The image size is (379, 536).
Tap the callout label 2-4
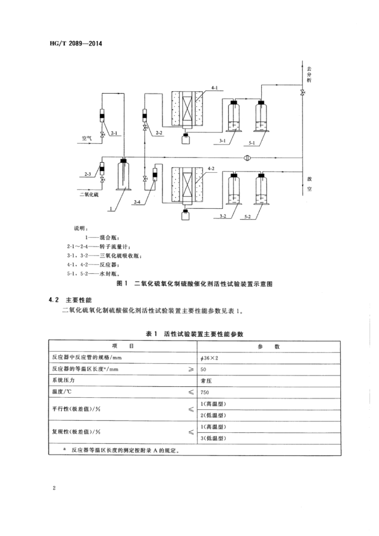point(138,202)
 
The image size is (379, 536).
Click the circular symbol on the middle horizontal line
point(247,158)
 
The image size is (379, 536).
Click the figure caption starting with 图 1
point(196,284)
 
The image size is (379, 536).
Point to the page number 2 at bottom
point(54,488)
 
